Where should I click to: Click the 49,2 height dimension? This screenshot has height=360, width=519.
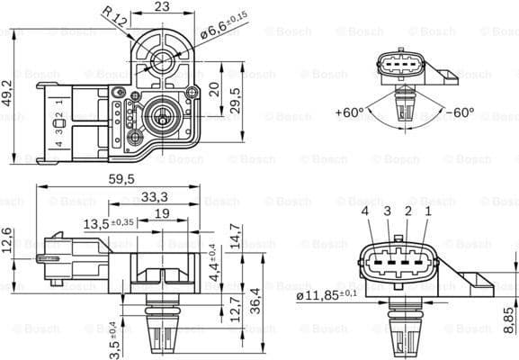pos(7,92)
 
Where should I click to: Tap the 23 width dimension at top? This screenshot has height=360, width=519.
pos(162,7)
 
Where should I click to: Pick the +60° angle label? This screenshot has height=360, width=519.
pos(349,113)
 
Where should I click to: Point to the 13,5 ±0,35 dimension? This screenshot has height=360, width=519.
pos(109,222)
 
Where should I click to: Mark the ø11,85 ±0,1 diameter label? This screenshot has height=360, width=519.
pos(325,294)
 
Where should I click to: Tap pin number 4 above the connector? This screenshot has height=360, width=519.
pos(366,211)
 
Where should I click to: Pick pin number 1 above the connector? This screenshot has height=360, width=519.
pos(428,211)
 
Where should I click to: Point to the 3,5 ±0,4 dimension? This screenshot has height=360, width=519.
pos(113,337)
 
